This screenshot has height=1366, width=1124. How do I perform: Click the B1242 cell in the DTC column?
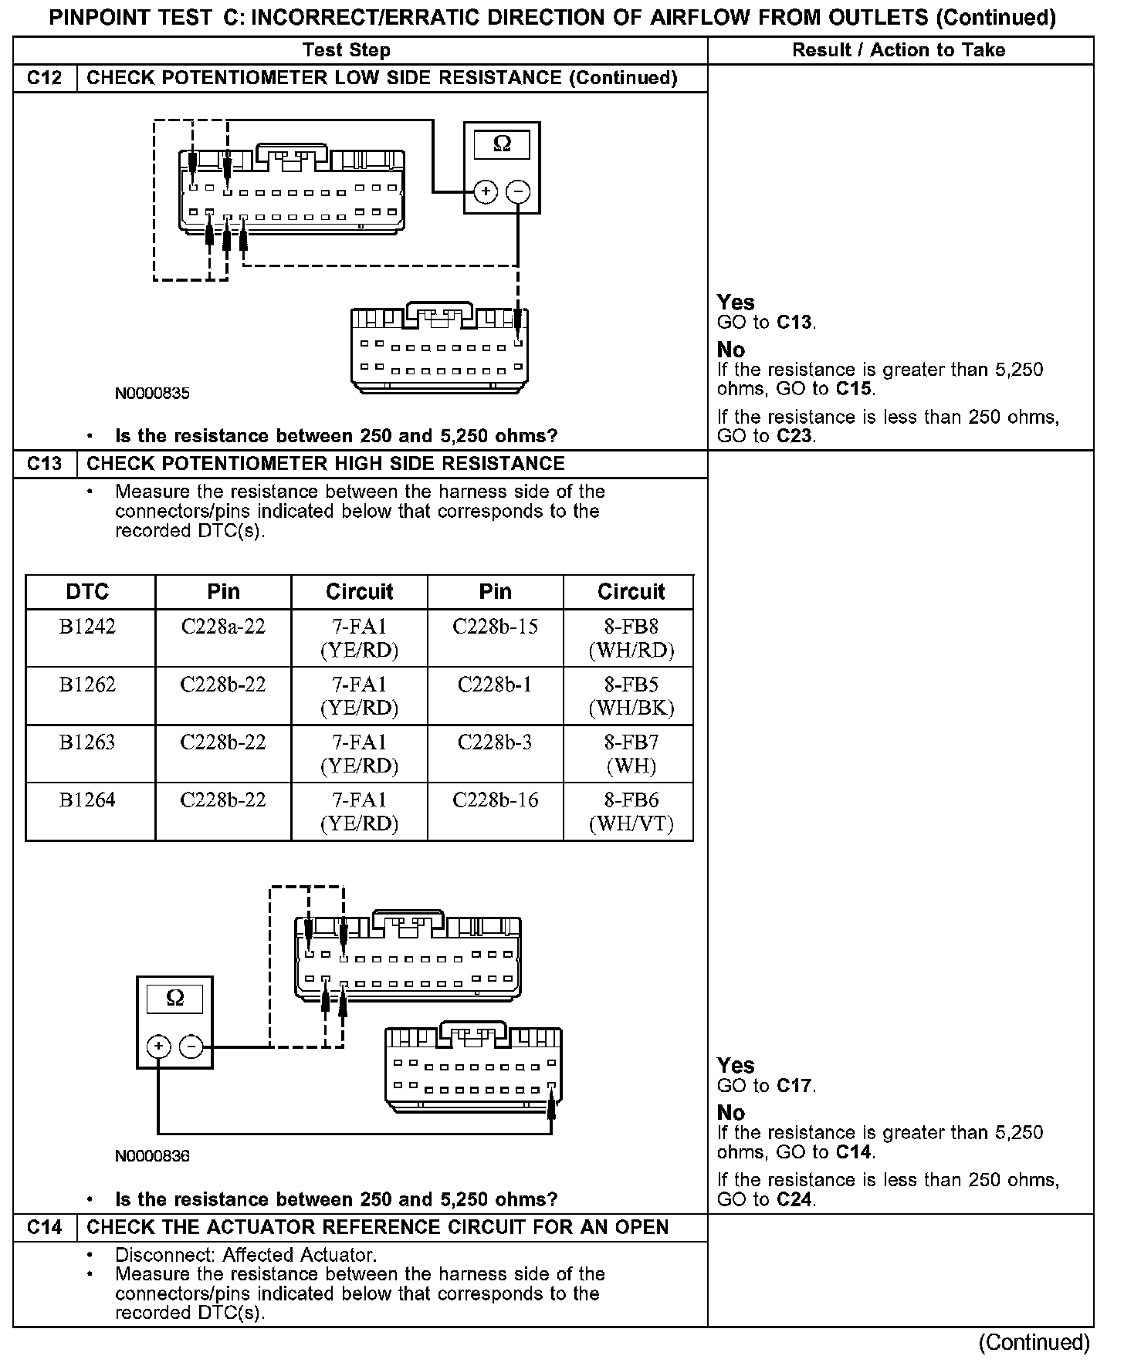(x=88, y=627)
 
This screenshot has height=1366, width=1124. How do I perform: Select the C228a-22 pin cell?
(x=223, y=627)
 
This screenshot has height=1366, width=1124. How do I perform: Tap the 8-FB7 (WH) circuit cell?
(x=631, y=753)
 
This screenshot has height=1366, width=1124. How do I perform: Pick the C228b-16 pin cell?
(x=495, y=800)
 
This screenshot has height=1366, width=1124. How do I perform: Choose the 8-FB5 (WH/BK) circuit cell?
(x=631, y=695)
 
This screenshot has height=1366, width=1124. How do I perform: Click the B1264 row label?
(x=88, y=800)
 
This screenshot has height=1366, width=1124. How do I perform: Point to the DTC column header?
(x=88, y=592)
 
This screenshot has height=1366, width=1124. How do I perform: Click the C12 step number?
(x=45, y=78)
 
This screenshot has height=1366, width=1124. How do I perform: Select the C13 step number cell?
(x=45, y=464)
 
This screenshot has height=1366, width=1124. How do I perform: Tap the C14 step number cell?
(x=45, y=1228)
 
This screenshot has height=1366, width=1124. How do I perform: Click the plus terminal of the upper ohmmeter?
(x=485, y=191)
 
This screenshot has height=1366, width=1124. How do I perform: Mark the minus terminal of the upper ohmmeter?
(x=518, y=191)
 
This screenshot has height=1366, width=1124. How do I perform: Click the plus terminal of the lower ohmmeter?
(x=158, y=1046)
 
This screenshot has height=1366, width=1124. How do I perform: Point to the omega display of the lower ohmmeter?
(x=175, y=999)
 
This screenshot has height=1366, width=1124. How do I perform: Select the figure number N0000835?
(x=152, y=394)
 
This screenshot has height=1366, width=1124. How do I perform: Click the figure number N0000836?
(x=152, y=1156)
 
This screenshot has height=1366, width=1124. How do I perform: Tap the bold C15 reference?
(x=855, y=389)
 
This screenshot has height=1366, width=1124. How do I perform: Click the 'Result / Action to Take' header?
(x=899, y=51)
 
